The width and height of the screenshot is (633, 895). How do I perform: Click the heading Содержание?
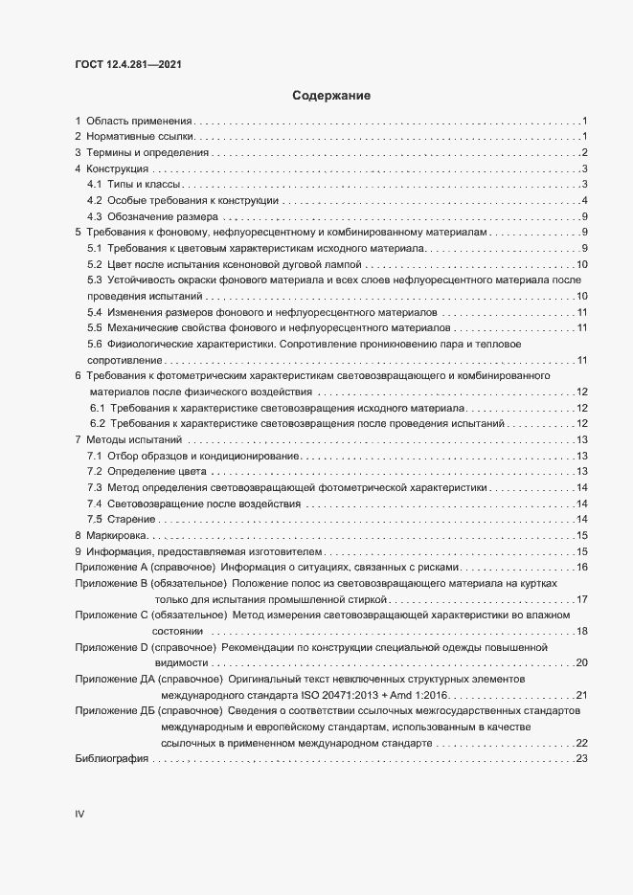[330, 96]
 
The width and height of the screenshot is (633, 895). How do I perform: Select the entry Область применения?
[139, 122]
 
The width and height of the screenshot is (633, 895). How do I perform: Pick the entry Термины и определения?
[147, 153]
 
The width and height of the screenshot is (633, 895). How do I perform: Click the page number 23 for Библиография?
[580, 759]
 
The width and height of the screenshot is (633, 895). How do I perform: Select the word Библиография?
[111, 759]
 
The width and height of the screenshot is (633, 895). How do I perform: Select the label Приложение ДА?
[113, 679]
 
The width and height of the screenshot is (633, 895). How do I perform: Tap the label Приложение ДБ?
[113, 711]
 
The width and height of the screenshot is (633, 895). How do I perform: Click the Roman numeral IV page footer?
[80, 815]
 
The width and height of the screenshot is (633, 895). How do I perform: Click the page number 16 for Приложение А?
[580, 568]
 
